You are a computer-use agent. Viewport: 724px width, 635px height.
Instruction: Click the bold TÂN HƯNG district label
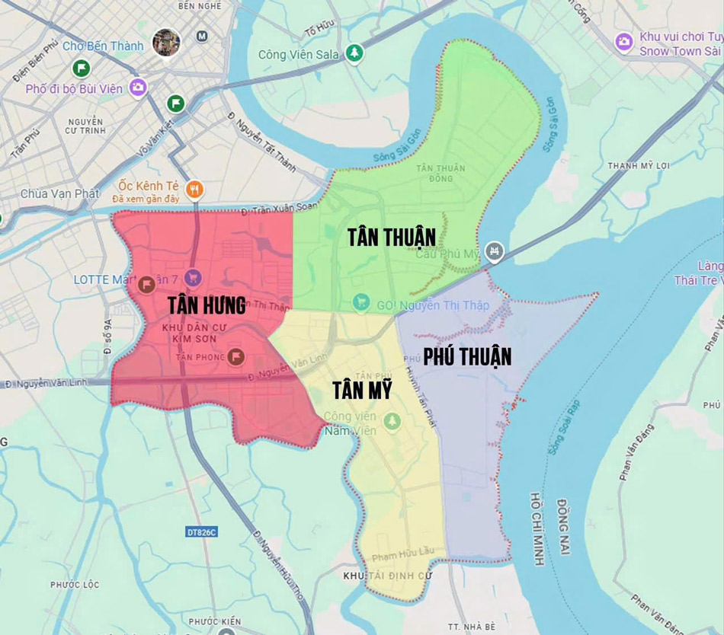[207, 306]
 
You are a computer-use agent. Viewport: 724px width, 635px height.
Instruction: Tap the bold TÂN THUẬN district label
[392, 237]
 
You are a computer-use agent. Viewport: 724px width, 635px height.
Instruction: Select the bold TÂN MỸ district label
[362, 391]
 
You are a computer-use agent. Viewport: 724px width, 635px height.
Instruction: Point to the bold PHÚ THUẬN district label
[467, 356]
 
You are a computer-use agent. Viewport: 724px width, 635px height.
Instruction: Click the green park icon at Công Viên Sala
[354, 53]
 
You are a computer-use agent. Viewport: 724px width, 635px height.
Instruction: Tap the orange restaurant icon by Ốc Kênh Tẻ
[195, 190]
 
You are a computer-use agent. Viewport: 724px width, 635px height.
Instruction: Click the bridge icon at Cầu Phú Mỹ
[495, 250]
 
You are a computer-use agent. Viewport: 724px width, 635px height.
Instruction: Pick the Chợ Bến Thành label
[103, 46]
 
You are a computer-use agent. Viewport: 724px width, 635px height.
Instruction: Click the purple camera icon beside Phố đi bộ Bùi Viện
[137, 88]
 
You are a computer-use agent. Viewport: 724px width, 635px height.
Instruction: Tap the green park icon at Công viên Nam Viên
[392, 420]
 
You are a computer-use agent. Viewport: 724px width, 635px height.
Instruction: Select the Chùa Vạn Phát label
[59, 193]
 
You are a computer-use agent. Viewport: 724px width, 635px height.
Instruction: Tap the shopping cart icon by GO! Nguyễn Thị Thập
[361, 303]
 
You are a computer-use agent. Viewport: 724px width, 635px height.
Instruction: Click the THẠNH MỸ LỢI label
[638, 165]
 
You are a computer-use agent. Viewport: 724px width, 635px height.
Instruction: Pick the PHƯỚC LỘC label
[75, 585]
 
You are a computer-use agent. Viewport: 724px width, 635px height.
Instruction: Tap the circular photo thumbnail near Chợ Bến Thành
[165, 42]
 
